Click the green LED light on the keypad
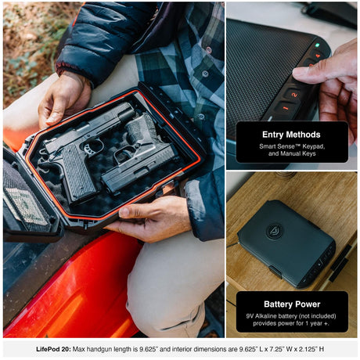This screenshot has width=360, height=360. click(317, 45)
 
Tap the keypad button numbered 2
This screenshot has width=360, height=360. click(294, 95)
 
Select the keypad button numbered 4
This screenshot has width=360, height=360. click(318, 56)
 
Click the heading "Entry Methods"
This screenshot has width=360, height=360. click(291, 135)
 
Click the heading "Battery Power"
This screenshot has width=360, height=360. click(292, 304)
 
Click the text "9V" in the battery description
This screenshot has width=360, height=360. click(250, 316)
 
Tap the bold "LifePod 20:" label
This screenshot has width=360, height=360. click(53, 349)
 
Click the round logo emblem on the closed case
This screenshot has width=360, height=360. click(275, 231)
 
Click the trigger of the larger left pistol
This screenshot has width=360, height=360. click(91, 147)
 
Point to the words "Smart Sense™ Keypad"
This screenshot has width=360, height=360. click(292, 146)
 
